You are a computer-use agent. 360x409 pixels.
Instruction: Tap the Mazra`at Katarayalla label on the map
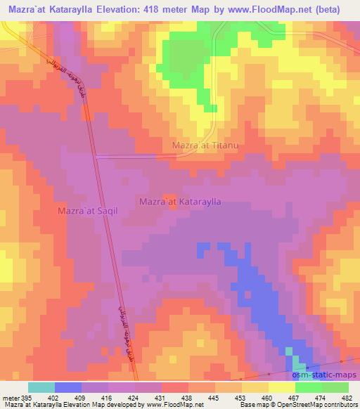pyautogui.click(x=181, y=201)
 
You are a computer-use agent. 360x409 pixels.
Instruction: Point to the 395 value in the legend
pyautogui.click(x=22, y=398)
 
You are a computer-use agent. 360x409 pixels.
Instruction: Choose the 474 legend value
pyautogui.click(x=319, y=398)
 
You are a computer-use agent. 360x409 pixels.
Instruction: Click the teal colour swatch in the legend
pyautogui.click(x=41, y=387)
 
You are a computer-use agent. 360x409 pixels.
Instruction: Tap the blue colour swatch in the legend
pyautogui.click(x=68, y=387)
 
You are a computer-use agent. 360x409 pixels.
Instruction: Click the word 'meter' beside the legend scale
pyautogui.click(x=8, y=398)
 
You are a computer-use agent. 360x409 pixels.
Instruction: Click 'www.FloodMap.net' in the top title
pyautogui.click(x=266, y=9)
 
